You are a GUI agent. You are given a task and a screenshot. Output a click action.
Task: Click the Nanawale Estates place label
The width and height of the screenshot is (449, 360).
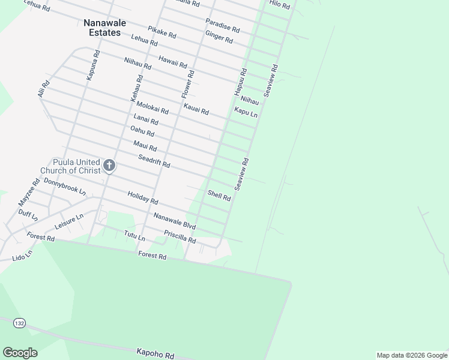click(105, 28)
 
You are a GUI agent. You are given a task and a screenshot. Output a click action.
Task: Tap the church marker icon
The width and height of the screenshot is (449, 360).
click(109, 164)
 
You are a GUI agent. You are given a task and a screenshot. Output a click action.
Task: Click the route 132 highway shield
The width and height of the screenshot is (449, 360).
click(20, 323)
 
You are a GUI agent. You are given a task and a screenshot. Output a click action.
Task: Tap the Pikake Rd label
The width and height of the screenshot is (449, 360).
click(162, 32)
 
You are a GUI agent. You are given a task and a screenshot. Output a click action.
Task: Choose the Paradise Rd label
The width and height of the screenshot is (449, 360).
click(222, 25)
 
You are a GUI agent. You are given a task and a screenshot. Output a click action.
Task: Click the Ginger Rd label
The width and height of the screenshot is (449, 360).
click(219, 36)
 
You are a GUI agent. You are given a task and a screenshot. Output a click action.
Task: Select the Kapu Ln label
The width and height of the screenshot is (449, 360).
click(246, 112)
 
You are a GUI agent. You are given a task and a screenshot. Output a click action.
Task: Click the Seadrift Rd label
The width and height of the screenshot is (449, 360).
click(154, 161)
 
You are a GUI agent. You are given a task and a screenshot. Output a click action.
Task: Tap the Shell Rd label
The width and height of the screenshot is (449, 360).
click(219, 196)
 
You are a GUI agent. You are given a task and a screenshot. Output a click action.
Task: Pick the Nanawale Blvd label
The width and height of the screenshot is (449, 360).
click(175, 221)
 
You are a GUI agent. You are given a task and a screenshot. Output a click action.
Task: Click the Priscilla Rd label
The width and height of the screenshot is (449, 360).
click(180, 236)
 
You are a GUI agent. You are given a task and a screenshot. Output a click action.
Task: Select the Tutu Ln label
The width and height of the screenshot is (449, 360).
click(134, 235)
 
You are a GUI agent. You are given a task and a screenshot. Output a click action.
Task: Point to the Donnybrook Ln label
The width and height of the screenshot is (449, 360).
click(65, 187)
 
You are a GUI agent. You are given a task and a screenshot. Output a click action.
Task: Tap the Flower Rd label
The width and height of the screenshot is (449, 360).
click(188, 85)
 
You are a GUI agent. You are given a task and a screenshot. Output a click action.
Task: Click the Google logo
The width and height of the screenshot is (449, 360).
click(20, 353)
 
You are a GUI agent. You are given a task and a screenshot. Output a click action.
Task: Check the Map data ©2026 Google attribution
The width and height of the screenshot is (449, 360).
click(412, 355)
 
